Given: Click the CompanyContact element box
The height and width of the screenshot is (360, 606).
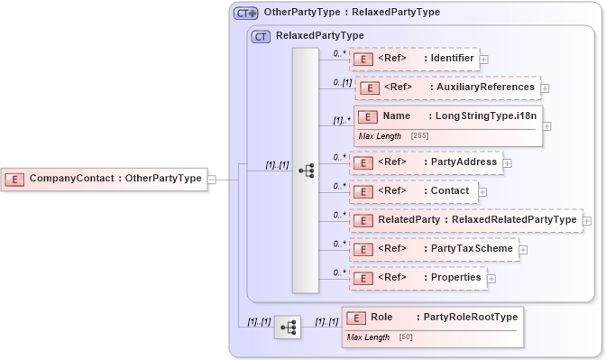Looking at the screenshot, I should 104,179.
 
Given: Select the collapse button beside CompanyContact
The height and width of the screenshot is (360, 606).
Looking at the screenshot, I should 212,179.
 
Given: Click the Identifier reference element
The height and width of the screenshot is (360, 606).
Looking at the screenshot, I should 414,60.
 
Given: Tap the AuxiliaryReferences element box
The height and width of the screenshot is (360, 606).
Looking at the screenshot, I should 447,88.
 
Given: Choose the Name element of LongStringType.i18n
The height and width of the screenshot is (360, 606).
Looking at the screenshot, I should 445,116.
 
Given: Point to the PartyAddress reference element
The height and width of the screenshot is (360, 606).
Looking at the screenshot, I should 425,162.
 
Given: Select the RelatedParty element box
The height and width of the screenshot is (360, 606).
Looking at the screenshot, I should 465,219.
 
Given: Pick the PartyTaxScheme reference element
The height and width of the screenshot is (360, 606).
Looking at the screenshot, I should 433,248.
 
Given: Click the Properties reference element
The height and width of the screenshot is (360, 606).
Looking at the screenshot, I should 418,277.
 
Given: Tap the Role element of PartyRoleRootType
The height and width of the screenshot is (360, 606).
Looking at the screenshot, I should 431,318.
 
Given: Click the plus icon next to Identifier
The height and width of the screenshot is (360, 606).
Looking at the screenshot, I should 484,60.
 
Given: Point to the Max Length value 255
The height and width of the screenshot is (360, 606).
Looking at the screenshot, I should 419,135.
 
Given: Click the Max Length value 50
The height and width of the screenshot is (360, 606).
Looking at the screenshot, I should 405,337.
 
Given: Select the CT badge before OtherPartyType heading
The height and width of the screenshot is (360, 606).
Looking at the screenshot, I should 245,14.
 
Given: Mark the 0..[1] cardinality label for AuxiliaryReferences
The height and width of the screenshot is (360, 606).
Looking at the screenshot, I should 342,82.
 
